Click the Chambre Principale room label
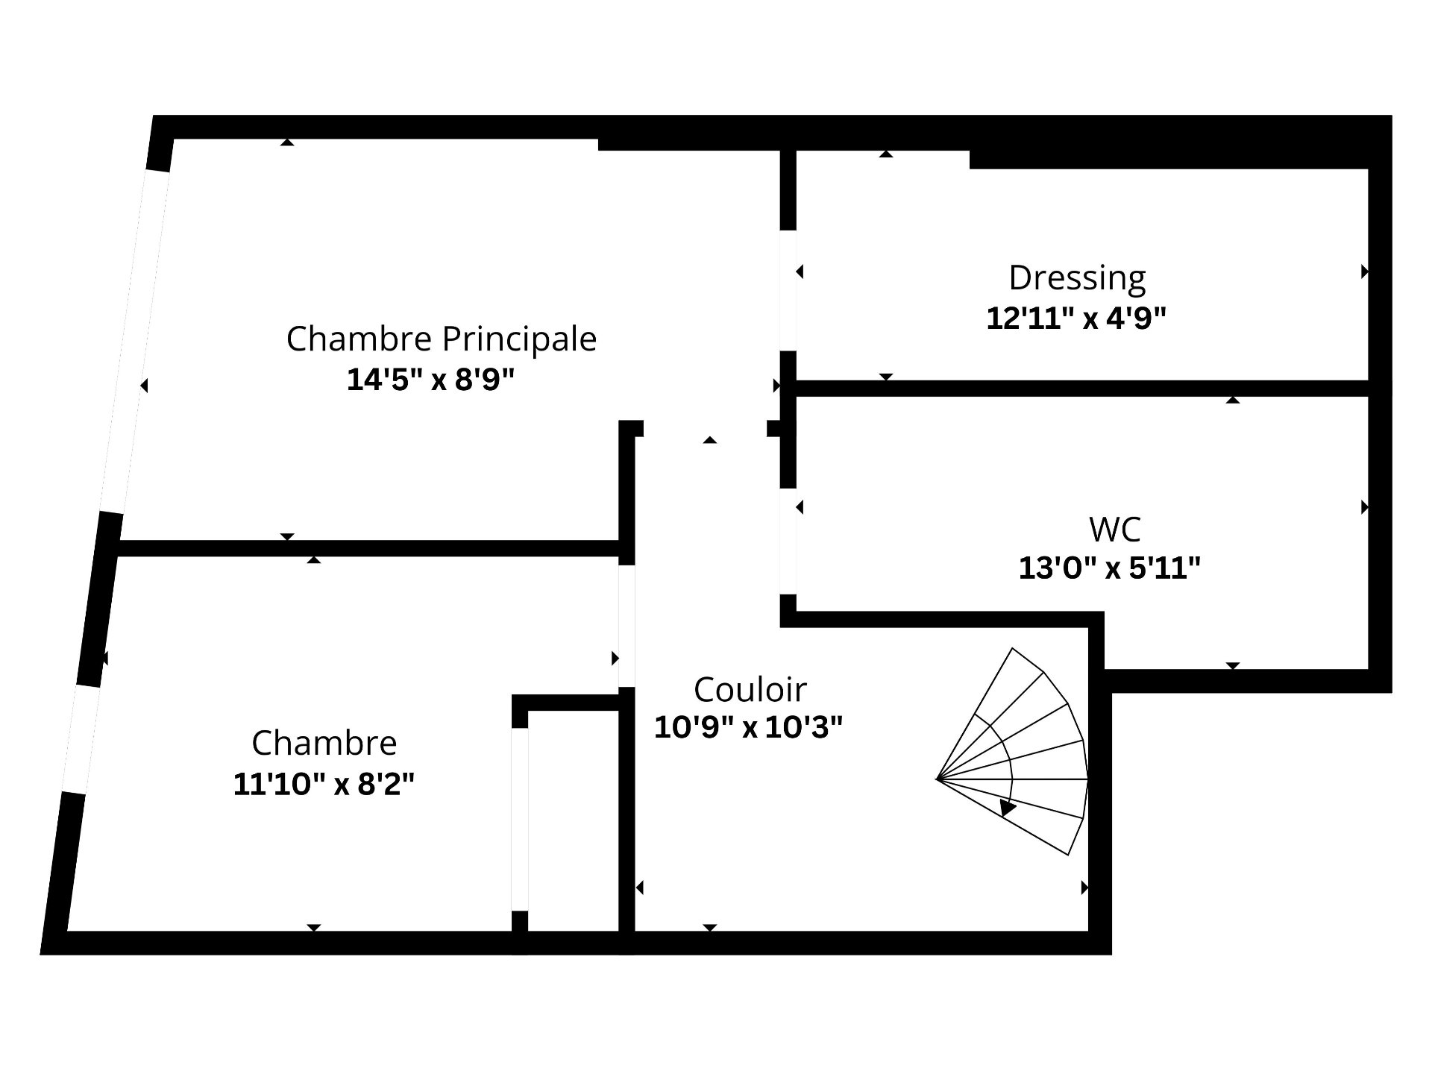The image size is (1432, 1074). [x=442, y=339]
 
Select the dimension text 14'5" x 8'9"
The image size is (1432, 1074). [x=431, y=380]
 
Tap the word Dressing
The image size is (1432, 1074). [x=1077, y=279]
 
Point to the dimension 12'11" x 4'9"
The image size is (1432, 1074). [x=1076, y=318]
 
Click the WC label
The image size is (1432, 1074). [x=1115, y=530]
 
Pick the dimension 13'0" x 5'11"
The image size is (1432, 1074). [x=1110, y=569]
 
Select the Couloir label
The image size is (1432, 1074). [x=750, y=690]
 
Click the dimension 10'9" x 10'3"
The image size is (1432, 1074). [x=748, y=726]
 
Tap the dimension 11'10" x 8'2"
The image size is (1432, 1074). [x=324, y=784]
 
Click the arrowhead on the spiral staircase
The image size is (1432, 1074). [x=1008, y=807]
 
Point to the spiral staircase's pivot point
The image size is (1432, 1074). [x=937, y=779]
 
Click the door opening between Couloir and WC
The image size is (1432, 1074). [x=788, y=541]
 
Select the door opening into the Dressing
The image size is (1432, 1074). [x=788, y=290]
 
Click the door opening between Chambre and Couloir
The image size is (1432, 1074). [x=626, y=626]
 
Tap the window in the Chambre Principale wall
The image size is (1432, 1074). [x=134, y=342]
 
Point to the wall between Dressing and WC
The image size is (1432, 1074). [x=1082, y=388]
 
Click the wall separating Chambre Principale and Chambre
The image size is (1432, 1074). [x=369, y=548]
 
